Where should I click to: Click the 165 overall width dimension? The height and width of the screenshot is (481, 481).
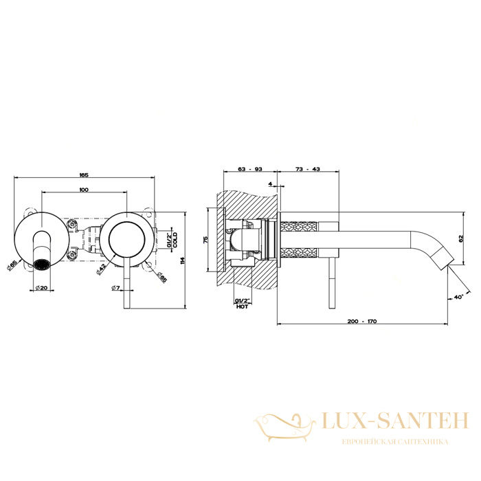84,175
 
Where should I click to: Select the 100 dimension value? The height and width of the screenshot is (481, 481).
84,190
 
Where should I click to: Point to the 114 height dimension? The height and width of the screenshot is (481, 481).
183,260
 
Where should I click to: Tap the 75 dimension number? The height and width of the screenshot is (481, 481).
206,240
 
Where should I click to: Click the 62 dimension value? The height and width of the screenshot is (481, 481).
460,238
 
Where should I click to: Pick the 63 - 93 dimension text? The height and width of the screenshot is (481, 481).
250,169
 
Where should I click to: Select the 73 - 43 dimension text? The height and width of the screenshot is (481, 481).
308,169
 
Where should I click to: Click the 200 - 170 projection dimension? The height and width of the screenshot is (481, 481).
362,322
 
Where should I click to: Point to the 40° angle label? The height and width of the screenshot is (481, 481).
458,297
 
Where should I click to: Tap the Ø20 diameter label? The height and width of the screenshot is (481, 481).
42,288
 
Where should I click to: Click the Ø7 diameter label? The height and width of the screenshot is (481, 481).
115,288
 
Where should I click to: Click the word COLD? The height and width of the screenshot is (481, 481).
175,240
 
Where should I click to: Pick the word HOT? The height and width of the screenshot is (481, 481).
242,306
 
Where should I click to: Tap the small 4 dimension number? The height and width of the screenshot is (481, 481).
270,184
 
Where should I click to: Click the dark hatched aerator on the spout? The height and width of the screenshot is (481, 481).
41,265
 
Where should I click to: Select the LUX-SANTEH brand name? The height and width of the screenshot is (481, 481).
395,421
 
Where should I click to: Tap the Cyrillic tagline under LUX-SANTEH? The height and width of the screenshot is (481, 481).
395,441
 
